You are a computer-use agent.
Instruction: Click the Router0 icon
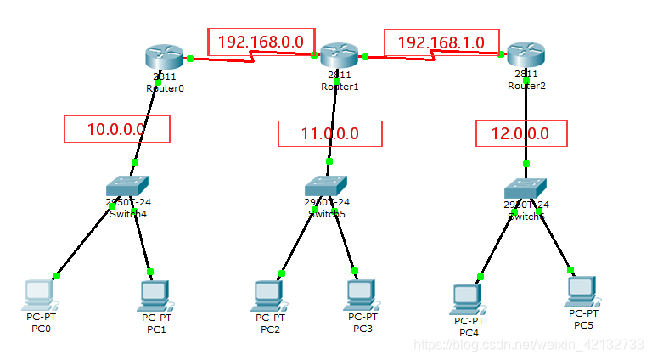(163, 58)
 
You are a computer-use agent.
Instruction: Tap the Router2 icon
(526, 56)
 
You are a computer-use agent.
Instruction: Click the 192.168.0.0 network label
(261, 42)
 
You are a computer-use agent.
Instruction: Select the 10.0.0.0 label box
(117, 129)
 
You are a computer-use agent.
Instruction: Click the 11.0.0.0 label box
(330, 133)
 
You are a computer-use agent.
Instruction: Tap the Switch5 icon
(327, 187)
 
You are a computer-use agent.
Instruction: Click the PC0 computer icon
(39, 293)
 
